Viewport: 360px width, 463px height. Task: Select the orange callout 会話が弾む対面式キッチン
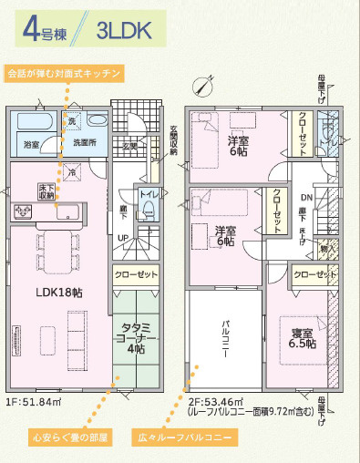pos(63,72)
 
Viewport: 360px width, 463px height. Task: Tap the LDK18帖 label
pos(59,293)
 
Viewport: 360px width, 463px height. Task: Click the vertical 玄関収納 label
pos(173,140)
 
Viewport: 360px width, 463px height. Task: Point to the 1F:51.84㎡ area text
pos(33,400)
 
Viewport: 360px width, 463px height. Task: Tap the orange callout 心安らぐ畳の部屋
pos(57,437)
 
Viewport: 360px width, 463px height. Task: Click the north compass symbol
pos(201,85)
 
